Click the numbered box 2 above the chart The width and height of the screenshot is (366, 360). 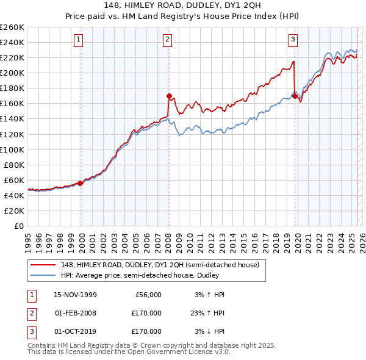point(168,40)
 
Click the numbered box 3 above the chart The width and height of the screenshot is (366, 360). point(293,40)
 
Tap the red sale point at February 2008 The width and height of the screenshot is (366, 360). point(169,95)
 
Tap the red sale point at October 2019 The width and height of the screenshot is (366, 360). point(295,95)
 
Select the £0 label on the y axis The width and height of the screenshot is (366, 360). point(18,226)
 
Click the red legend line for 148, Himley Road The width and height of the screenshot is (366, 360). point(43,265)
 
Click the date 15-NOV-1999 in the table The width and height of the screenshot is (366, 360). point(75,295)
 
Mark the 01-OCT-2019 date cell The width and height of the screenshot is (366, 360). point(75,331)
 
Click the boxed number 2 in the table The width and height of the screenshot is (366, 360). point(31,313)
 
